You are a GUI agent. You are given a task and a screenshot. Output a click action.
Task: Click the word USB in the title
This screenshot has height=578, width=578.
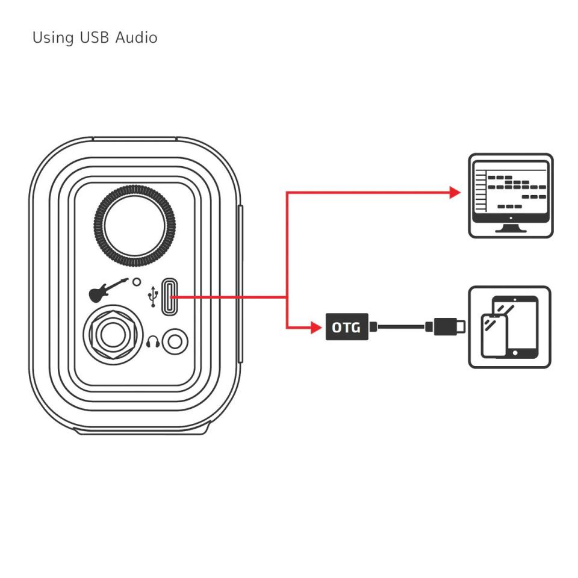(94, 37)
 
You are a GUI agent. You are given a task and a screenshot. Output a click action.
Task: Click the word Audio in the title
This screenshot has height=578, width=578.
(137, 37)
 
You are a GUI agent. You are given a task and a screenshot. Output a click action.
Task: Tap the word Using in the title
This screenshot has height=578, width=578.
(53, 39)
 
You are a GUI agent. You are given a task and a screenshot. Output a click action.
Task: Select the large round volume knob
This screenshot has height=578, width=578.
(134, 226)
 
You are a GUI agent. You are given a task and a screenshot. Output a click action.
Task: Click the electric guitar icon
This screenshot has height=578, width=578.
(108, 290)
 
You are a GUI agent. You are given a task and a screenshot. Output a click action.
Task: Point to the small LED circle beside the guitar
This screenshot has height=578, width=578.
(137, 282)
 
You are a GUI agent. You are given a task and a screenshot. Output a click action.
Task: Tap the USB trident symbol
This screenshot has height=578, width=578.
(152, 296)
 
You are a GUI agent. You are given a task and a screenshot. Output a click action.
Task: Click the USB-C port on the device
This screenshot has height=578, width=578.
(169, 297)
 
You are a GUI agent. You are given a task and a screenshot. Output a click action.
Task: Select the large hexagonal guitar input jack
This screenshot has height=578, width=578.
(113, 335)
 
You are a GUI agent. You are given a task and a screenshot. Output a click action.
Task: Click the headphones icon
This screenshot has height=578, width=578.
(153, 342)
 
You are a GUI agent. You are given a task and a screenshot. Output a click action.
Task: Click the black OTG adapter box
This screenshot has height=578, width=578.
(347, 327)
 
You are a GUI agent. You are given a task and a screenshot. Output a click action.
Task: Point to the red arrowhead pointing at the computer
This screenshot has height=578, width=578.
(455, 193)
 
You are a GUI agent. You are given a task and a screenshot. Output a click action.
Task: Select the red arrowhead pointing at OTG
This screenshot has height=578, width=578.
(316, 328)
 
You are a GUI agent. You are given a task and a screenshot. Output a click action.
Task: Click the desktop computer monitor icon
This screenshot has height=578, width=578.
(511, 196)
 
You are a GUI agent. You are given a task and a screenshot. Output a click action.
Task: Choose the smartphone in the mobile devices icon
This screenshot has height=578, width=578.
(494, 336)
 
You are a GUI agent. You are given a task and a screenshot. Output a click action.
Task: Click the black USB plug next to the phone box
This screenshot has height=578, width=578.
(446, 326)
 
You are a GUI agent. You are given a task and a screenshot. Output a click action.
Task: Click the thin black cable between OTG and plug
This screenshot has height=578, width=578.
(402, 326)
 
